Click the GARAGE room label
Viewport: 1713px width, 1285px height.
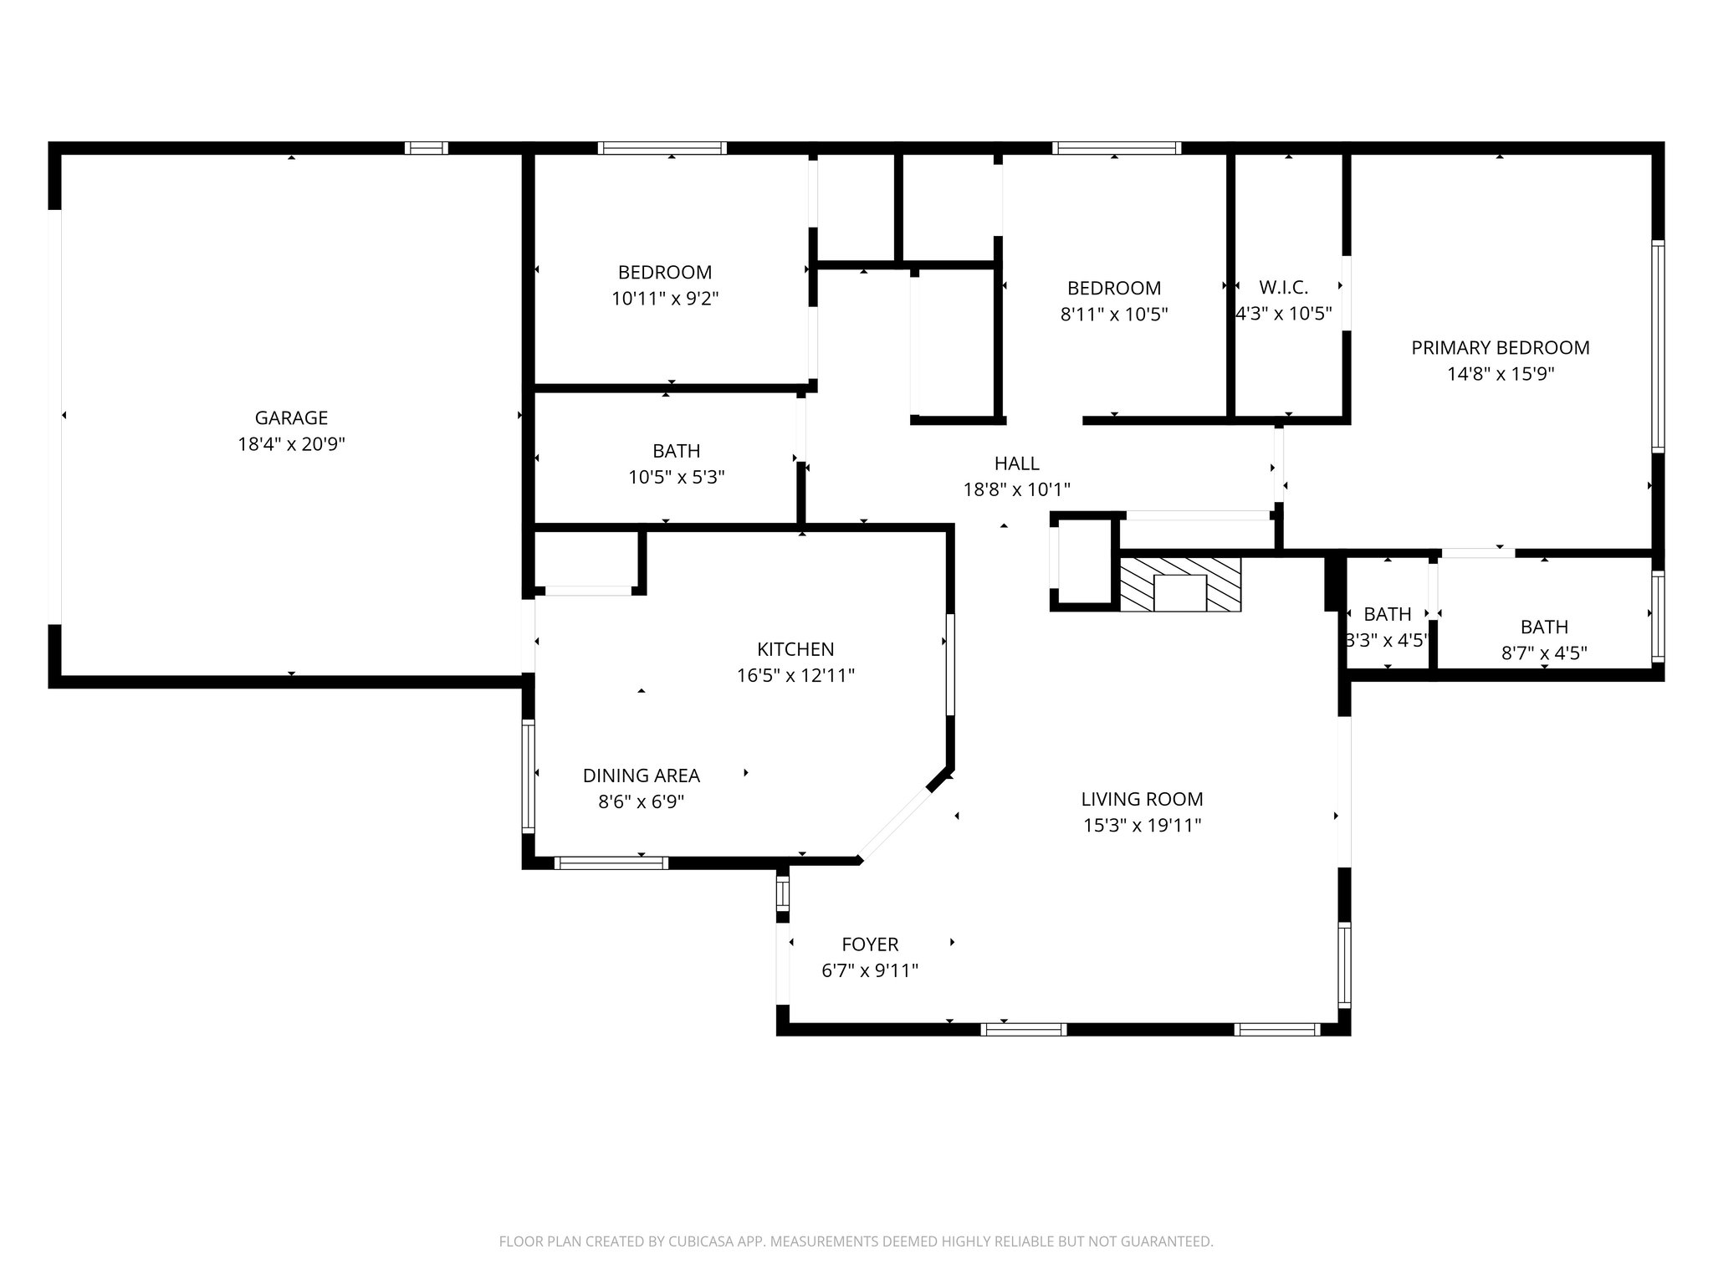click(x=291, y=417)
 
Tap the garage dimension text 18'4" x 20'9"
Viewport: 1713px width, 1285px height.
click(x=291, y=444)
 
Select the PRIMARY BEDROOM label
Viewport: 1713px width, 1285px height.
click(x=1501, y=347)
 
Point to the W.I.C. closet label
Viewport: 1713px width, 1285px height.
click(x=1283, y=288)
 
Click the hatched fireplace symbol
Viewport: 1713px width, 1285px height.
click(x=1180, y=586)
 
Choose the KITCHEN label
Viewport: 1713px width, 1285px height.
click(x=795, y=649)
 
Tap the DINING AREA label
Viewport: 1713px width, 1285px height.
click(x=641, y=776)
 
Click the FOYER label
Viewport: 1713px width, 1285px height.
click(x=870, y=945)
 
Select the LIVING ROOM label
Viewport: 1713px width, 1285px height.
click(x=1142, y=799)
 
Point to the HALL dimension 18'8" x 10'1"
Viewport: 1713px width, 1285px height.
click(x=1016, y=489)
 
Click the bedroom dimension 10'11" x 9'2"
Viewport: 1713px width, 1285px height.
click(x=665, y=299)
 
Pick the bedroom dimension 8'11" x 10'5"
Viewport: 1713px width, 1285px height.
click(x=1113, y=315)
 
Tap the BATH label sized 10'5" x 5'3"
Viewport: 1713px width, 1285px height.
click(x=676, y=452)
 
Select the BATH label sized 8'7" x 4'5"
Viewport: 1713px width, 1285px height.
click(x=1544, y=627)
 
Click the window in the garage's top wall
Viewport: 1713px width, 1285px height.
click(x=427, y=148)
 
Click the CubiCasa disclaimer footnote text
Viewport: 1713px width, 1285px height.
click(x=856, y=1241)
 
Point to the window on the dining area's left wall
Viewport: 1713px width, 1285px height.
click(x=529, y=776)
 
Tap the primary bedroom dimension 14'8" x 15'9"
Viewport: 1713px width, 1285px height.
click(x=1501, y=374)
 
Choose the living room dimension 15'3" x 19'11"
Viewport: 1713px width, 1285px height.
click(x=1142, y=826)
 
